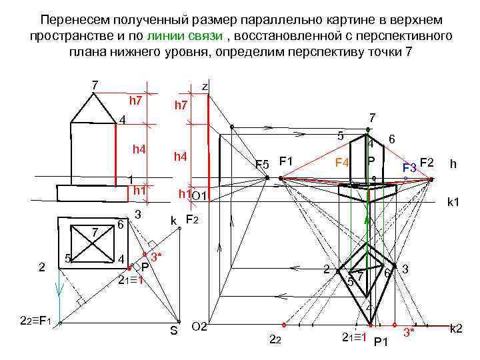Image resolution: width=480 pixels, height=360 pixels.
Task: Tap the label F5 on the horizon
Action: [x=262, y=164]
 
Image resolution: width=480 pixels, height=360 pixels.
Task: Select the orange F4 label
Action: [x=342, y=162]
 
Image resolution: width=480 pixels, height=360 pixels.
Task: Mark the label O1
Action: [x=200, y=195]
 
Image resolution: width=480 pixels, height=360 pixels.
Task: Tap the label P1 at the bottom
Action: [x=381, y=342]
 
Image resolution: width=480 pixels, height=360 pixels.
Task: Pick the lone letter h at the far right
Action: [x=453, y=164]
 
